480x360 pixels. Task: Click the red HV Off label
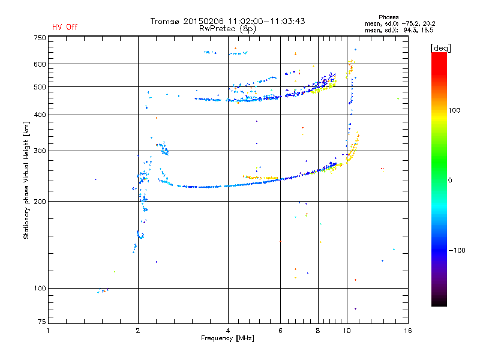point(65,27)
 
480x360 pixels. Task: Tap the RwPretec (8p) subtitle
point(227,29)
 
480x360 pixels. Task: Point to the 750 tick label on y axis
point(40,38)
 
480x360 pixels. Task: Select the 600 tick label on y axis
point(40,64)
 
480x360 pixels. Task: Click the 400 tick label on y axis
point(40,115)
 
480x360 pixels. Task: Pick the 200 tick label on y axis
point(40,202)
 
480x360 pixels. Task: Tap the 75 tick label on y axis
point(42,322)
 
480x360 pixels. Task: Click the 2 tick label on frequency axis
point(138,331)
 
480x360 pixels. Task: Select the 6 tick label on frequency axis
point(280,331)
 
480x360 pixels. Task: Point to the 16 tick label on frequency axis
point(408,331)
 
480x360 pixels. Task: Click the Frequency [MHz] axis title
point(227,338)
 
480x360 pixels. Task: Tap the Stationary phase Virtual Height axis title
point(26,180)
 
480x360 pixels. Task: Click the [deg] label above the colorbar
point(440,48)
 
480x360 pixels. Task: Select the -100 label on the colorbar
point(457,250)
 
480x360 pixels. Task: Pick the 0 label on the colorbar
point(450,181)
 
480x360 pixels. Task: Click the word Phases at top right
point(388,17)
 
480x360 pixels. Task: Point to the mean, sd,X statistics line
point(399,31)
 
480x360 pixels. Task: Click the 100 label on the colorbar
point(454,110)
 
